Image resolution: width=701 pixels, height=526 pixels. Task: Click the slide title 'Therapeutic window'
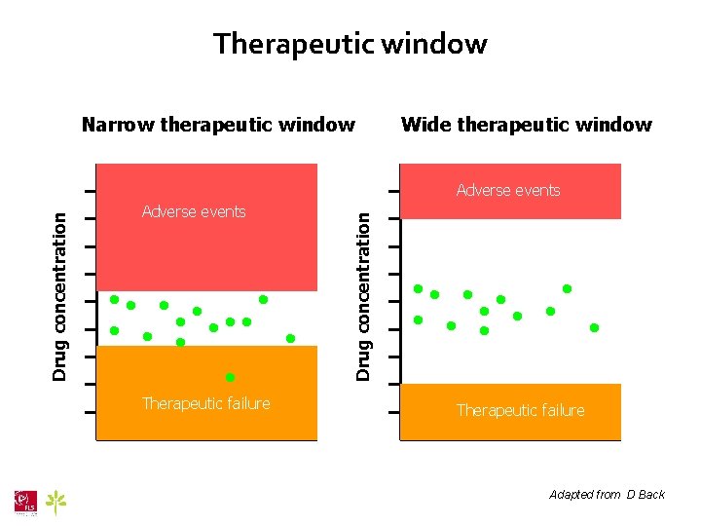pyautogui.click(x=350, y=44)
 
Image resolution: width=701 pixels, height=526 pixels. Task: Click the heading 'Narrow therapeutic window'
pyautogui.click(x=218, y=125)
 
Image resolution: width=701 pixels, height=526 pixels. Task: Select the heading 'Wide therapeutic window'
pyautogui.click(x=526, y=125)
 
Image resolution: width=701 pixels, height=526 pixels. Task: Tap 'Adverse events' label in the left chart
pyautogui.click(x=194, y=211)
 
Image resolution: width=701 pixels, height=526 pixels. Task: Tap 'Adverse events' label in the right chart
pyautogui.click(x=508, y=190)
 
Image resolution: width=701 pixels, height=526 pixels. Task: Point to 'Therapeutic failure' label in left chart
pyautogui.click(x=205, y=403)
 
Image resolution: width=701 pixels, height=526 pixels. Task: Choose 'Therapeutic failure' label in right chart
pyautogui.click(x=521, y=410)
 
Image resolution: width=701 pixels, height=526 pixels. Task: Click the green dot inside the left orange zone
pyautogui.click(x=231, y=377)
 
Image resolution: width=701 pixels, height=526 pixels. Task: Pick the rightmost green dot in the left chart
pyautogui.click(x=290, y=338)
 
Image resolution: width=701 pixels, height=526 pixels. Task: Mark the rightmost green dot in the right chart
pyautogui.click(x=594, y=327)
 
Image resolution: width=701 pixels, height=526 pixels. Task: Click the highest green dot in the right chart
pyautogui.click(x=567, y=288)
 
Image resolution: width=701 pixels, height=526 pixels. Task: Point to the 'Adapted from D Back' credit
pyautogui.click(x=607, y=495)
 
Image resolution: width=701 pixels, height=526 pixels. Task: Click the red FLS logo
pyautogui.click(x=25, y=501)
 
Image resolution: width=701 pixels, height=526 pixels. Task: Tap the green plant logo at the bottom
pyautogui.click(x=58, y=502)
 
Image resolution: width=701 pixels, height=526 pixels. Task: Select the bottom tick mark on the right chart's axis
pyautogui.click(x=393, y=413)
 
